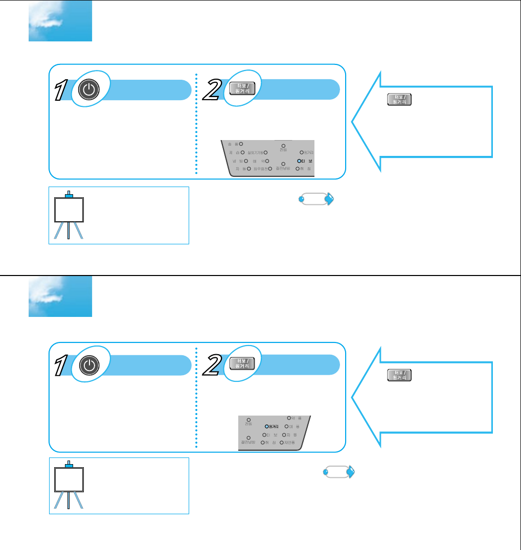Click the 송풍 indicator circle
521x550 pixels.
point(241,144)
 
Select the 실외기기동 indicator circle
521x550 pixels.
point(266,152)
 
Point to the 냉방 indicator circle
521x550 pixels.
point(246,161)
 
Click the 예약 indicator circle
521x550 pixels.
point(267,161)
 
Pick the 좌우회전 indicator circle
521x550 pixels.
point(269,168)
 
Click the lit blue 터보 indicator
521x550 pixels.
point(299,161)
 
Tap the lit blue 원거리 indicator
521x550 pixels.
point(267,426)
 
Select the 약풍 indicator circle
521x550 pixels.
point(289,418)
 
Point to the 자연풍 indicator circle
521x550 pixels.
point(281,442)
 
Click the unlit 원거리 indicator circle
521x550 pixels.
point(302,152)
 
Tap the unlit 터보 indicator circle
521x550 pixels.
point(264,434)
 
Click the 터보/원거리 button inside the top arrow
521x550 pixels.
point(399,100)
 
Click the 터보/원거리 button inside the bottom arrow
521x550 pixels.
point(399,375)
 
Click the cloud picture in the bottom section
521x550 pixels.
point(60,296)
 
